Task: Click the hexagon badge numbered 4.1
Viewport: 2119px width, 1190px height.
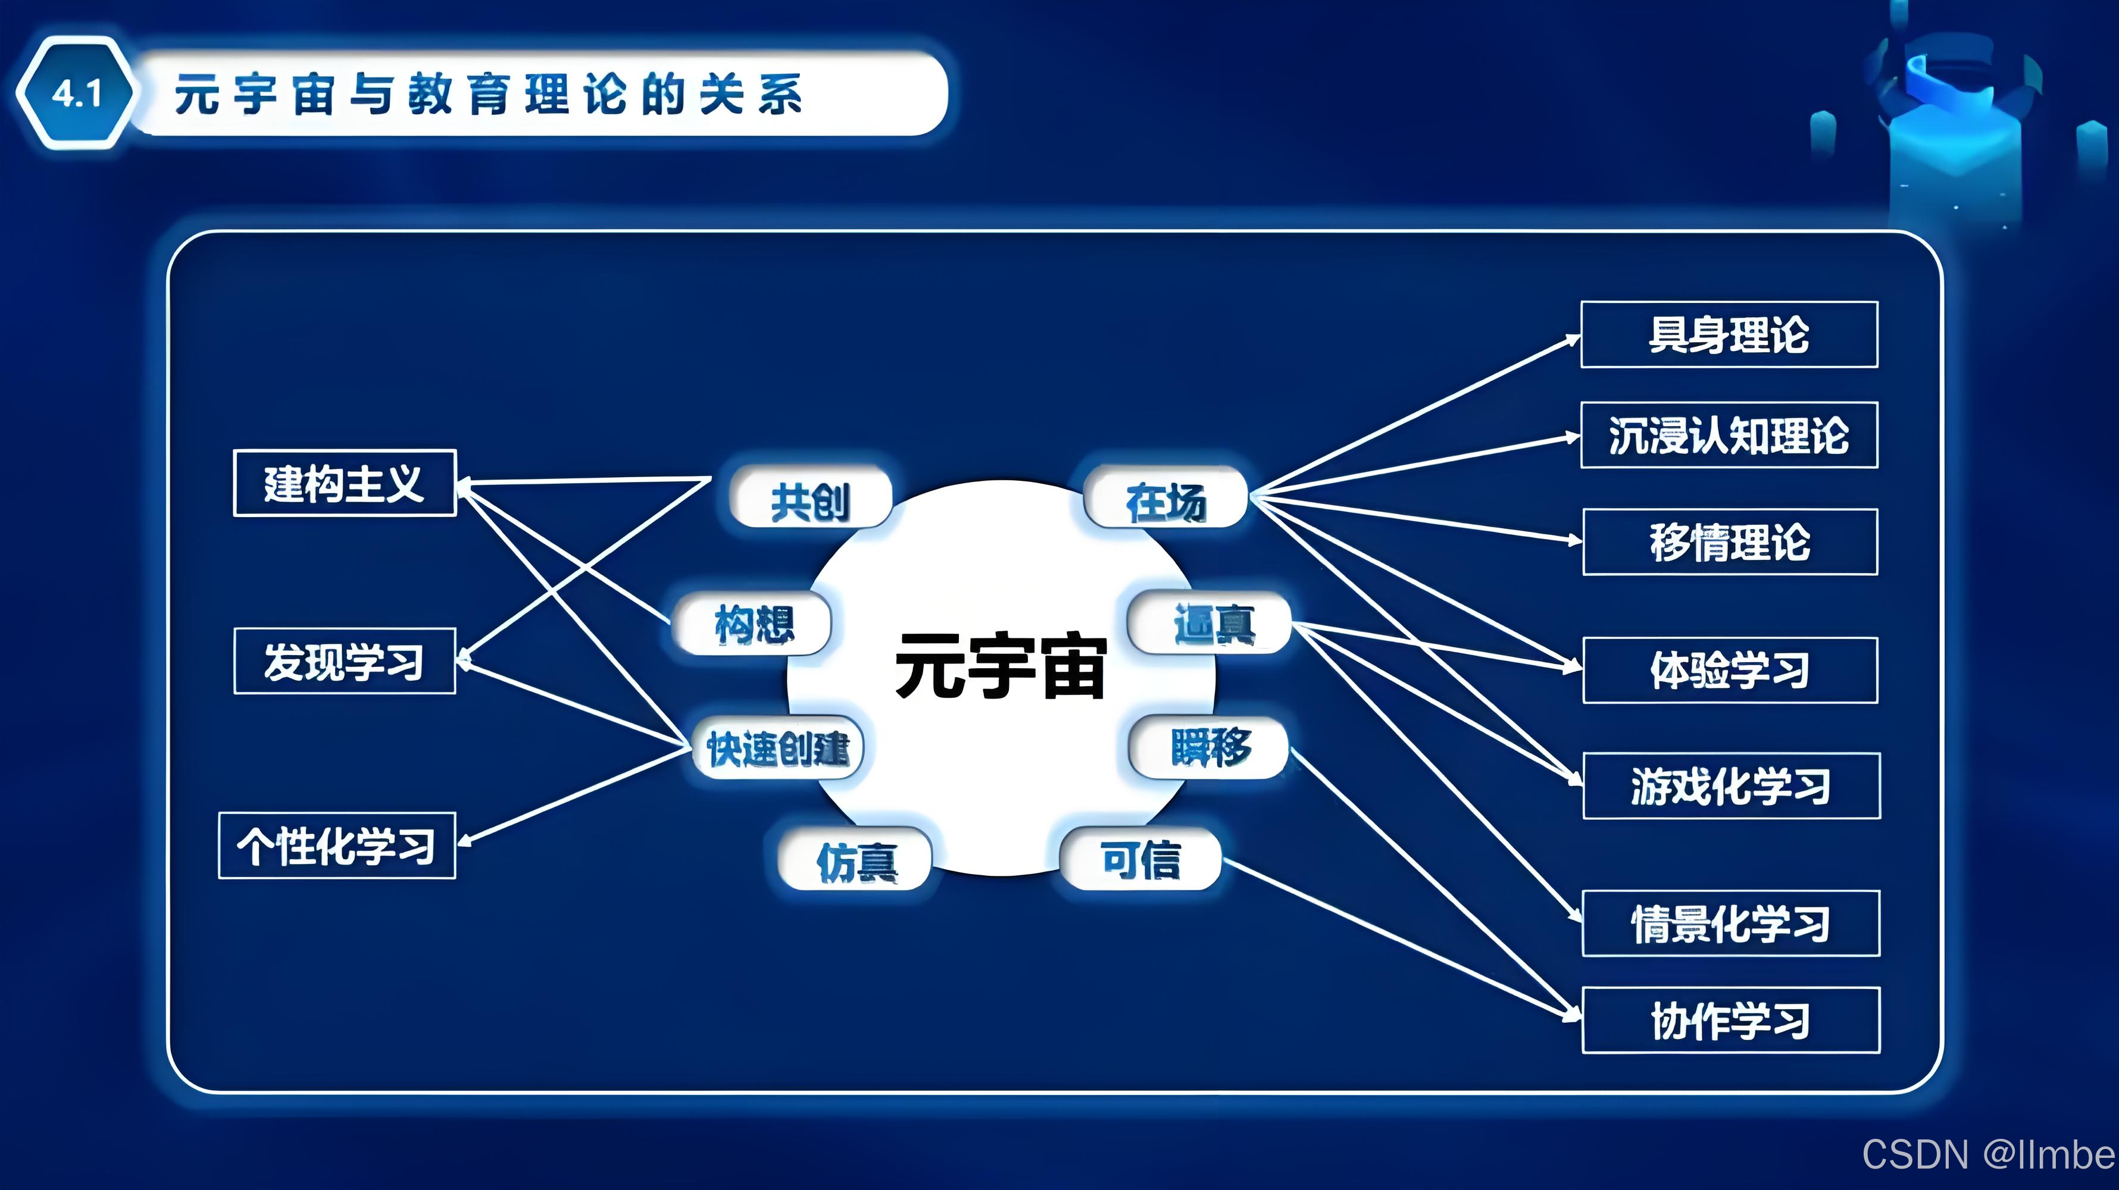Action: tap(76, 93)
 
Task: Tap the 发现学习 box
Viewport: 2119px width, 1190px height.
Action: tap(345, 661)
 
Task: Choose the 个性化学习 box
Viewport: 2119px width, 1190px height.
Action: tap(337, 845)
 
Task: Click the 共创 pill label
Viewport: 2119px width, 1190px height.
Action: tap(810, 499)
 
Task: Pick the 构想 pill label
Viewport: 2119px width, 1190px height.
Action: tap(753, 624)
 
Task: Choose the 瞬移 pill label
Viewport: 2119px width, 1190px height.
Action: tap(1210, 747)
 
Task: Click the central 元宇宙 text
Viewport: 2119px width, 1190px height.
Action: tap(1001, 666)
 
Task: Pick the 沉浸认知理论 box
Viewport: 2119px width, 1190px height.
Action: tap(1729, 435)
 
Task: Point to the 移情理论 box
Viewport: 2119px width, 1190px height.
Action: tap(1730, 542)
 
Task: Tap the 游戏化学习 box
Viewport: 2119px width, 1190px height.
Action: tap(1732, 785)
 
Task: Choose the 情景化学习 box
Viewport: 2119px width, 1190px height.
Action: tap(1731, 923)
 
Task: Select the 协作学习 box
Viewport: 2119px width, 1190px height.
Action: tap(1731, 1020)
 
